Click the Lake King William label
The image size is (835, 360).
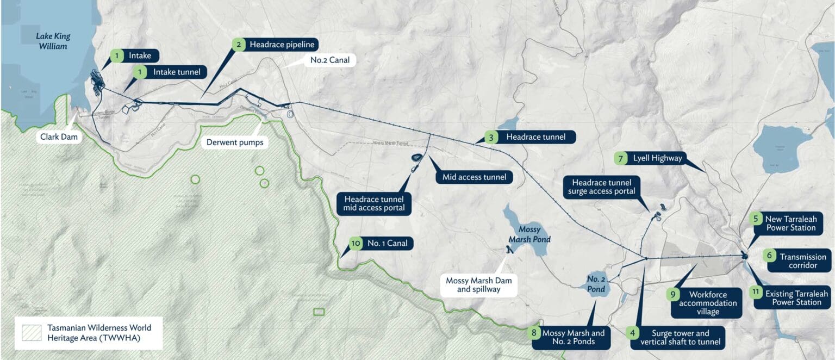[53, 41]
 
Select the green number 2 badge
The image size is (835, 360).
[237, 45]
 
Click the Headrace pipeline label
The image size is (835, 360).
[282, 45]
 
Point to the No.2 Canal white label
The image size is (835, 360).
[329, 59]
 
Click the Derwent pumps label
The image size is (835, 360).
[234, 142]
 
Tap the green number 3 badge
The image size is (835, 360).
[491, 137]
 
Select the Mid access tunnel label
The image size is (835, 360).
[475, 177]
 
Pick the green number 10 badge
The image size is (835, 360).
[356, 243]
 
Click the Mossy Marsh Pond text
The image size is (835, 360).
[529, 234]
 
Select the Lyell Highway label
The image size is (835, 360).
[657, 159]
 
